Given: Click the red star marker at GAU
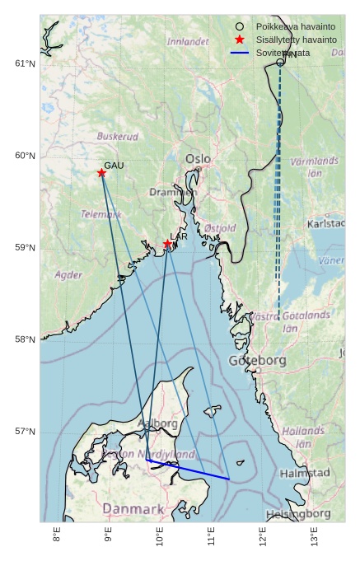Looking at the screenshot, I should pos(101,173).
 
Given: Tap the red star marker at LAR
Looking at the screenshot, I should pos(167,244).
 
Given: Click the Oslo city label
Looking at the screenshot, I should pos(198,158).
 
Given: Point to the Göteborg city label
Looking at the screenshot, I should pos(257,361).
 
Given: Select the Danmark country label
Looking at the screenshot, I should pos(133,509).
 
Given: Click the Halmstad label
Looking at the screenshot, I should pos(305,474).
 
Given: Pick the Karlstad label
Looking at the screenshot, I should pos(326,223).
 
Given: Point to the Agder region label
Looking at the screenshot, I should pos(68,275).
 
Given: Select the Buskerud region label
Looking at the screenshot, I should pos(118,137).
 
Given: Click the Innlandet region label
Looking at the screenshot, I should pos(188,41).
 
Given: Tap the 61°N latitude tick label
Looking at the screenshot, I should pos(26,64).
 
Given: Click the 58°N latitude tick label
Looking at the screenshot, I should pos(26,339).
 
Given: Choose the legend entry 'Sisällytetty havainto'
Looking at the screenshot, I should pos(296,40).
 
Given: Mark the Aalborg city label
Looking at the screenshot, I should pos(157,423).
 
